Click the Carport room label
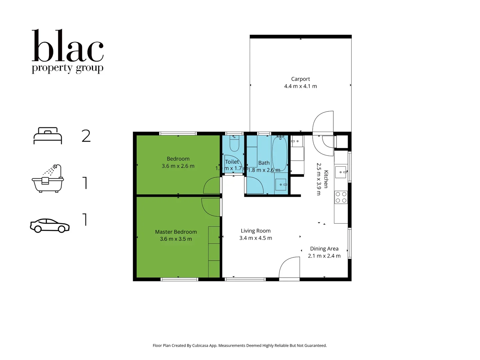point(300,79)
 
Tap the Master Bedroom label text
point(176,232)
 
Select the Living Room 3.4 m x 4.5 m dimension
point(255,238)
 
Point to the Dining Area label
point(324,249)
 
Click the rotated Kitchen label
point(326,179)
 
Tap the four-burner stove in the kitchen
point(341,197)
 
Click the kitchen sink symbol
point(341,172)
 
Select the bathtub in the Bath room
point(280,154)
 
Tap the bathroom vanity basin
point(281,184)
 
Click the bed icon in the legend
point(48,136)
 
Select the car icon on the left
point(50,226)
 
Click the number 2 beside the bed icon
point(86,136)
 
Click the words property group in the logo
point(68,68)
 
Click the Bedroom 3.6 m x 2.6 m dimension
point(178,166)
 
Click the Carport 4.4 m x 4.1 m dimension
point(300,86)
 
